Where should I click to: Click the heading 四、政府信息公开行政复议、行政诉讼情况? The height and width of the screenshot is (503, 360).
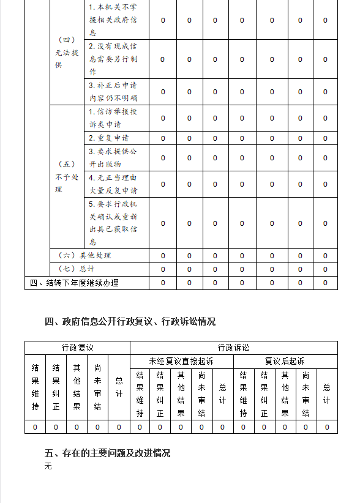point(130,321)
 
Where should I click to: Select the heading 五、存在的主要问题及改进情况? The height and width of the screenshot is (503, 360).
point(108,453)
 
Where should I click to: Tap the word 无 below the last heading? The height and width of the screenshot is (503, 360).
point(48,466)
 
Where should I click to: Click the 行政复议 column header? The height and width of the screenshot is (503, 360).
point(77,348)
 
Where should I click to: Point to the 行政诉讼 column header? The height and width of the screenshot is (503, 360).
point(233,348)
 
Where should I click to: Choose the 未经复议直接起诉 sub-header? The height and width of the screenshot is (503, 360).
point(181,362)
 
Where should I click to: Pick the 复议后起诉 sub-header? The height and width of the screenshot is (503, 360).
point(285,362)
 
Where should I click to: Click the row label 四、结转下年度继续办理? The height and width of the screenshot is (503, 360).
point(74,283)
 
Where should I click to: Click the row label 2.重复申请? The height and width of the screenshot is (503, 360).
point(109,138)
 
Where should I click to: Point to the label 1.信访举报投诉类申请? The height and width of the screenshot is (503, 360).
point(113,118)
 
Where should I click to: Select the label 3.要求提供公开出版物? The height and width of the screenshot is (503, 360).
point(113,158)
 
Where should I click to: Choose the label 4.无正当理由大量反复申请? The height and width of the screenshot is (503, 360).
point(113,184)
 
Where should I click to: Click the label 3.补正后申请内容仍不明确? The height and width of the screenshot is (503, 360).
point(113,92)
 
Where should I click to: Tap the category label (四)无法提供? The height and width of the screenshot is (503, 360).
point(67,53)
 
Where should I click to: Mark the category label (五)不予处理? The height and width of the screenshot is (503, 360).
point(67,177)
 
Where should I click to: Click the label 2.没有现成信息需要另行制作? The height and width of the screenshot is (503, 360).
point(113,59)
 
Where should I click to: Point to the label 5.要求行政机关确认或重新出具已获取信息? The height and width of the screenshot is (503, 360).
point(113,223)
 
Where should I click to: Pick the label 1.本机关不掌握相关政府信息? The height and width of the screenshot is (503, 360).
point(113,20)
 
